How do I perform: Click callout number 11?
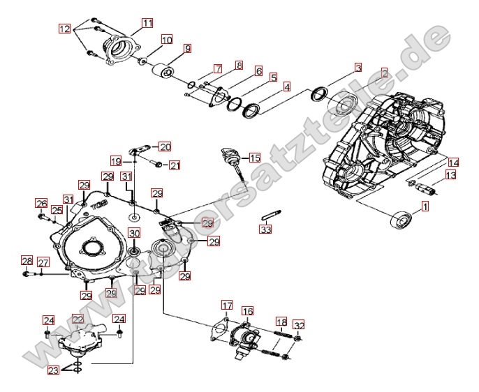(x=147, y=23)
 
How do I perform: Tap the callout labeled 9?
(x=187, y=48)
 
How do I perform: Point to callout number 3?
(x=358, y=68)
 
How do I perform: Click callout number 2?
(x=383, y=72)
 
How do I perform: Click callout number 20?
(x=165, y=146)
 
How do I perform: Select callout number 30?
(x=133, y=233)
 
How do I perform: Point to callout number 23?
(x=53, y=370)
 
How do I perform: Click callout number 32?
(x=299, y=325)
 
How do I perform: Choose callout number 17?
(x=227, y=305)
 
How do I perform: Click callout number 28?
(x=27, y=261)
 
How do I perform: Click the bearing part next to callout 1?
(x=401, y=219)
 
